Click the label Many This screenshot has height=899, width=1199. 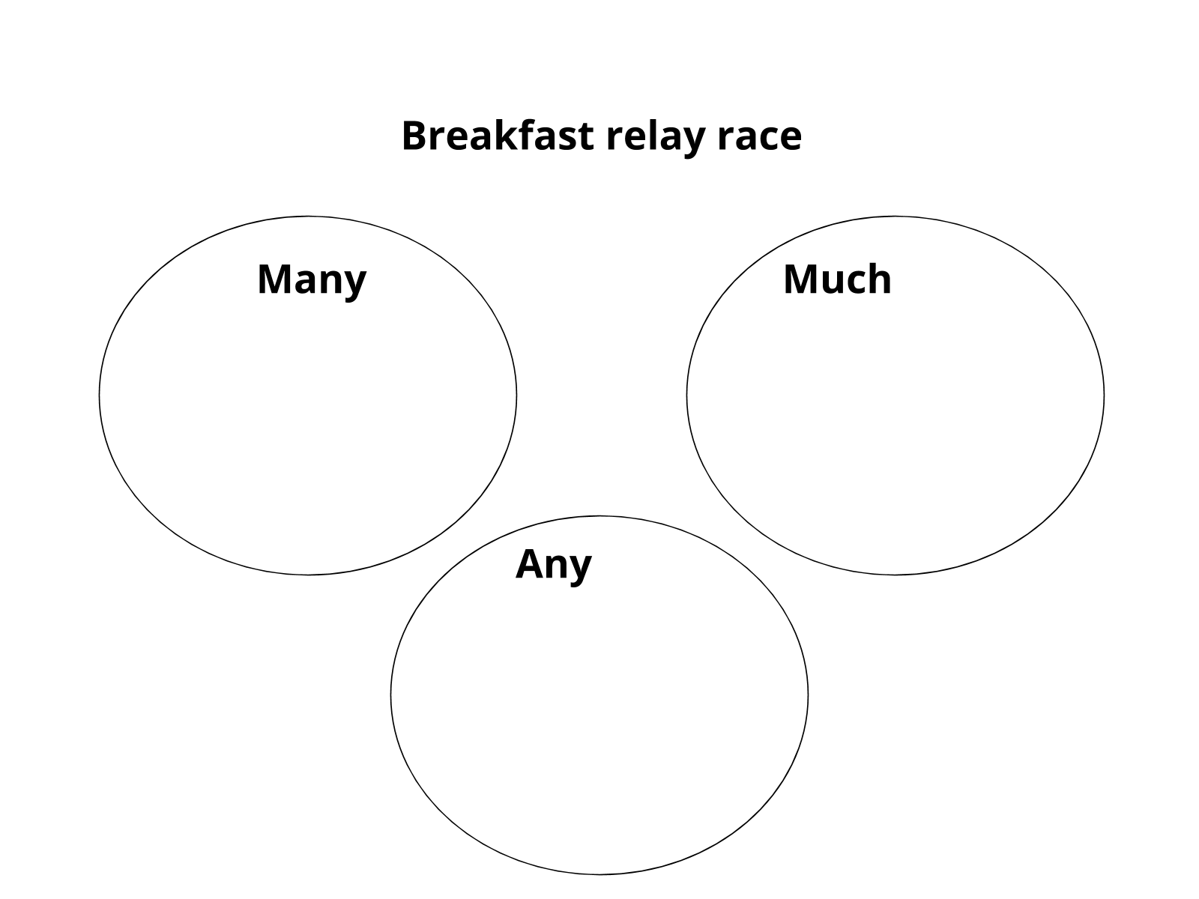pos(312,280)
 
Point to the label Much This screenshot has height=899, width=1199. pos(837,279)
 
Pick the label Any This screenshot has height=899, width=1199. pos(554,565)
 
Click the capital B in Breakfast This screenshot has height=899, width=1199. pos(414,136)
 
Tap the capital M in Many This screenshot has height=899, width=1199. pos(274,279)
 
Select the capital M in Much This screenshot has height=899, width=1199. pos(800,279)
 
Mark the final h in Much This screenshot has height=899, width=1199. pos(881,279)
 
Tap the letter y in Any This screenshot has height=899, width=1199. pos(581,568)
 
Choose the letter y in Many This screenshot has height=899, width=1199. pos(355,283)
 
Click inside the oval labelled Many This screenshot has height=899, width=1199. pos(308,420)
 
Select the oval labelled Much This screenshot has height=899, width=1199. pos(895,420)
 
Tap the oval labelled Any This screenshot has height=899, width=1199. pos(599,712)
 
